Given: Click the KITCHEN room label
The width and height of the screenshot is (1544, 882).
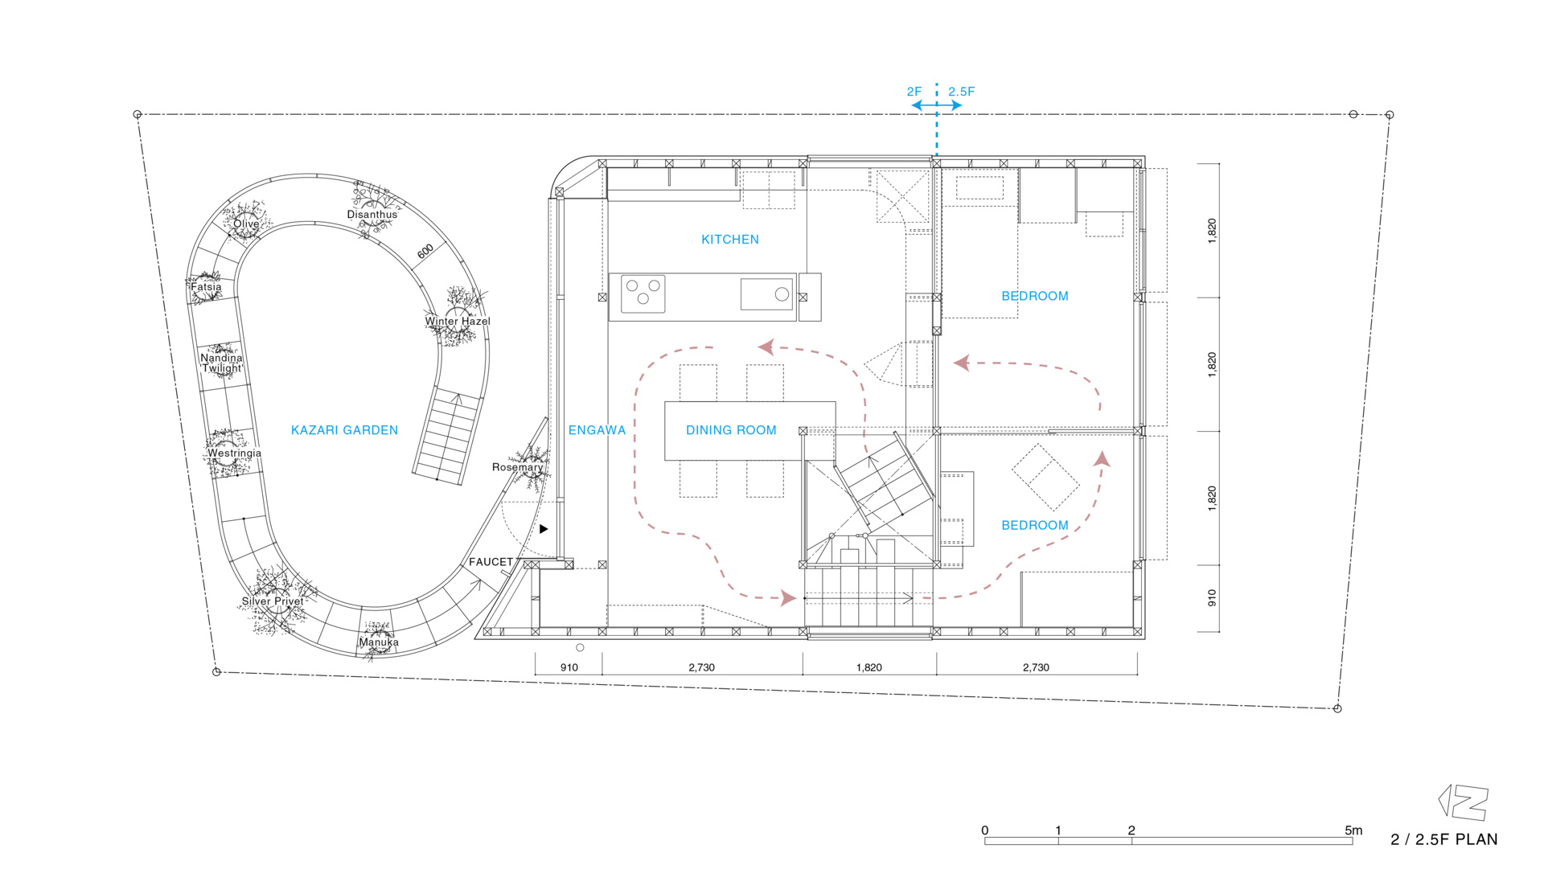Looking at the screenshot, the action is [x=729, y=240].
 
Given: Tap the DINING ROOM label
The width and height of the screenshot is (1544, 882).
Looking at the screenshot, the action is [x=731, y=430].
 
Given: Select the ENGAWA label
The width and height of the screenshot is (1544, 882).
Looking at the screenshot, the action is [x=597, y=430].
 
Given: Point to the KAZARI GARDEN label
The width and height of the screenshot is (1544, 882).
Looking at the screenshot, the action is [x=344, y=430].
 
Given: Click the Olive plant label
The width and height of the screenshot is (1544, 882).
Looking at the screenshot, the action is [x=246, y=224].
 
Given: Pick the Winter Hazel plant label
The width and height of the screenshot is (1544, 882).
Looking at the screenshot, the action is [x=458, y=322].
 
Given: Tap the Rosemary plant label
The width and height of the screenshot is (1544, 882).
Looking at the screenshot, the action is [x=517, y=467].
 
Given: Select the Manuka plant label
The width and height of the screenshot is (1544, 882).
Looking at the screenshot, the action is [x=379, y=642].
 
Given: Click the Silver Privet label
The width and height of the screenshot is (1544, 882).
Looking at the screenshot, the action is [x=273, y=601].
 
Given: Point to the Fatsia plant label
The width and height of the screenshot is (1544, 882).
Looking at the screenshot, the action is [x=206, y=287].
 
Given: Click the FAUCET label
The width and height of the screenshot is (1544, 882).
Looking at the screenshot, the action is [x=491, y=562].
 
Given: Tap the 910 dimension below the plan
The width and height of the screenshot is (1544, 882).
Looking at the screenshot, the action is [x=569, y=667].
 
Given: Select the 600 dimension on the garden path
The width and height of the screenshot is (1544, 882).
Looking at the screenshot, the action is [x=425, y=251].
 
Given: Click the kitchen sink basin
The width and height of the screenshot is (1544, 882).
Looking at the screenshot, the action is [x=766, y=293].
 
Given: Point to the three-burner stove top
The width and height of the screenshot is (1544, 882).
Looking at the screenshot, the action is [x=643, y=293].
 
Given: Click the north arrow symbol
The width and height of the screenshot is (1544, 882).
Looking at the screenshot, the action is [x=1463, y=802].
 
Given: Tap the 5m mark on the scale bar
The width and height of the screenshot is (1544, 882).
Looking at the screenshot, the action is [x=1353, y=831].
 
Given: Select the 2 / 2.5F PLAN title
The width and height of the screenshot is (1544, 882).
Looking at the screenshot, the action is [x=1443, y=839].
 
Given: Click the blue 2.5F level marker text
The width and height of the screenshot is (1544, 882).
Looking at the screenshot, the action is [x=961, y=92].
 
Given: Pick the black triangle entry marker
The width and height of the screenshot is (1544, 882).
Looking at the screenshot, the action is [x=544, y=529].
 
